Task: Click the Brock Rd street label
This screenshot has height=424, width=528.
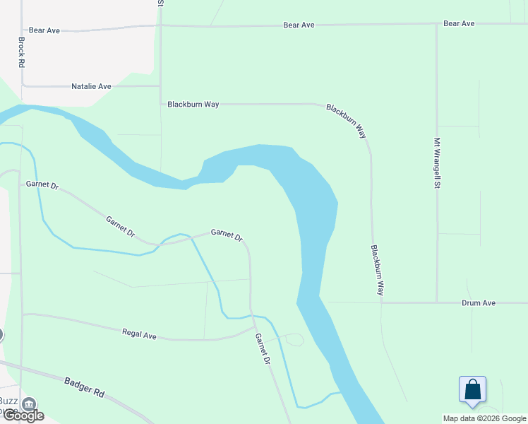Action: pyautogui.click(x=22, y=52)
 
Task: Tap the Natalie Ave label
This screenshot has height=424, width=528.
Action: pyautogui.click(x=92, y=86)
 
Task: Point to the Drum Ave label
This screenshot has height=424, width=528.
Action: pyautogui.click(x=479, y=302)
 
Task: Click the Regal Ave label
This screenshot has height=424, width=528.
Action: pyautogui.click(x=139, y=334)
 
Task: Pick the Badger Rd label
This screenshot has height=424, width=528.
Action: pyautogui.click(x=85, y=389)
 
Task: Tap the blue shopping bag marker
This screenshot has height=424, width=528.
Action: pyautogui.click(x=472, y=390)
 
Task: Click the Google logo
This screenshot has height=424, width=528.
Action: pyautogui.click(x=23, y=416)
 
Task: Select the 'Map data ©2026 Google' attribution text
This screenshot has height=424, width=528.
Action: pyautogui.click(x=484, y=418)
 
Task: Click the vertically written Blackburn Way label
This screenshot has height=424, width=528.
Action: pyautogui.click(x=378, y=270)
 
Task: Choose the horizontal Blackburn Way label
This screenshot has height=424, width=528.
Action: pyautogui.click(x=193, y=104)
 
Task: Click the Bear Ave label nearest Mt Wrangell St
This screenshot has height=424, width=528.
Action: pyautogui.click(x=459, y=23)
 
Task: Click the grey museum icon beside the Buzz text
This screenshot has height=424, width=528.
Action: pyautogui.click(x=30, y=404)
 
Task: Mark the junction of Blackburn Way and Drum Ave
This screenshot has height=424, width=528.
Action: pyautogui.click(x=381, y=302)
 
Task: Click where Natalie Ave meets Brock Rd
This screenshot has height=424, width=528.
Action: pyautogui.click(x=23, y=86)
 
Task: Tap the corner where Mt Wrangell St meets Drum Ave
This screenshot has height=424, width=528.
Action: pyautogui.click(x=437, y=302)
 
